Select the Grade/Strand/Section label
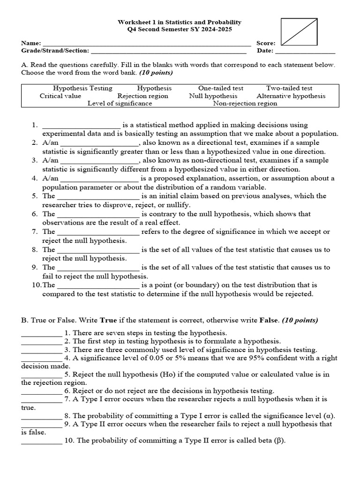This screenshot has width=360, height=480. pos(55,51)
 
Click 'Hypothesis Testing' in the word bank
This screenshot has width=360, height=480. pos(82,88)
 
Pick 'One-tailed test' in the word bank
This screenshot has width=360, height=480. pos(221,88)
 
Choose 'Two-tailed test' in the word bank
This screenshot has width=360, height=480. pos(289,88)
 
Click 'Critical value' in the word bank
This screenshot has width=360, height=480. pos(60,96)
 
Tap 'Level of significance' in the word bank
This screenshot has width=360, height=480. pos(120,103)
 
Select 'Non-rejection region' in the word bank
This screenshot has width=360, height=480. pos(245,103)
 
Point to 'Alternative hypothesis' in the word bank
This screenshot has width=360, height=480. pos(291,96)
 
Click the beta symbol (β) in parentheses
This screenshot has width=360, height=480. pos(279,441)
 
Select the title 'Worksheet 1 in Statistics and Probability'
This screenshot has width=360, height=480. pos(180,22)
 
